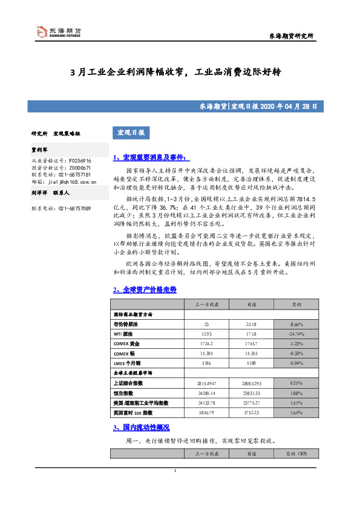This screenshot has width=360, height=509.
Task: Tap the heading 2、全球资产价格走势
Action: coord(145,290)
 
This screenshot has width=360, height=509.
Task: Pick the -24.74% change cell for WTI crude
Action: coord(296,334)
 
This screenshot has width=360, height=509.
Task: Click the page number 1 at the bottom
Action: coord(175,472)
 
